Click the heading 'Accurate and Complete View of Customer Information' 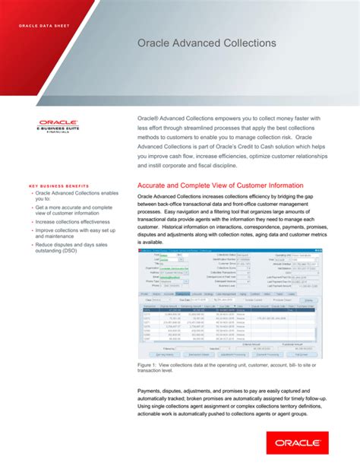pos(220,185)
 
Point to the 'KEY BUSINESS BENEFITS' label pos(61,186)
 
